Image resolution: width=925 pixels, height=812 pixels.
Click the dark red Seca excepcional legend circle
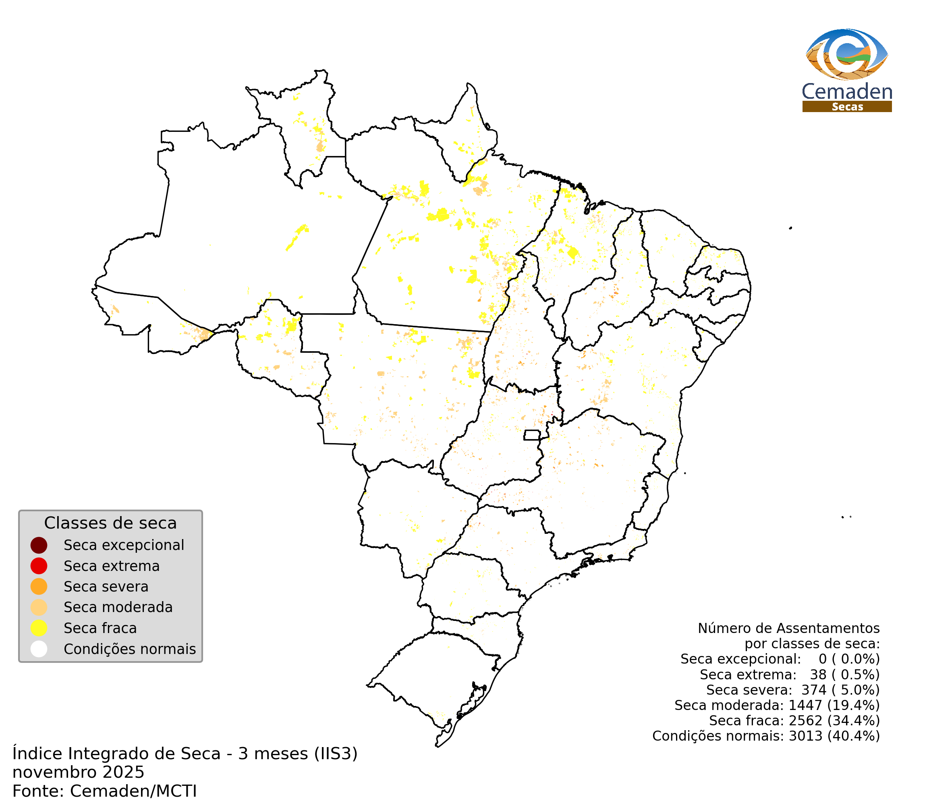39,545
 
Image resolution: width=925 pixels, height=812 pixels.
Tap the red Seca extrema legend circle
39,566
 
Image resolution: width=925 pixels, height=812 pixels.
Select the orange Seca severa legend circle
39,587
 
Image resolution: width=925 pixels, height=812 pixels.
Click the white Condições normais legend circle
39,649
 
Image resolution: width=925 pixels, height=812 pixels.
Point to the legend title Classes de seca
110,523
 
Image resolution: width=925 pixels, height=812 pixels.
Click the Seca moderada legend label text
118,607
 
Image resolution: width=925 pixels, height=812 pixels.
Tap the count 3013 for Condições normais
805,736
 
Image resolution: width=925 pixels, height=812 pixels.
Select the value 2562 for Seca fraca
805,720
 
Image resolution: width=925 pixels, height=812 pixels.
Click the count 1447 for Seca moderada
805,705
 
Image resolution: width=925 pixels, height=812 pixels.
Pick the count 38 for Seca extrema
818,675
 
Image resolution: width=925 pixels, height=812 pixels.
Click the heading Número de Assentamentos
788,628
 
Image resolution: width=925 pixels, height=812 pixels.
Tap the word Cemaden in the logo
847,92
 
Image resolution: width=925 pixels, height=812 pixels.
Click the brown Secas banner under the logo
847,107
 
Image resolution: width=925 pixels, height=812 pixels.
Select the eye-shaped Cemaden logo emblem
847,54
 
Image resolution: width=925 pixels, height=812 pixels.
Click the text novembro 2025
78,772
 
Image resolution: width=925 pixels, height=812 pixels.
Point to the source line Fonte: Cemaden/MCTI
104,791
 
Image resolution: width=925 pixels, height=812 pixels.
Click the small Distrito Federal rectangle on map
532,435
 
